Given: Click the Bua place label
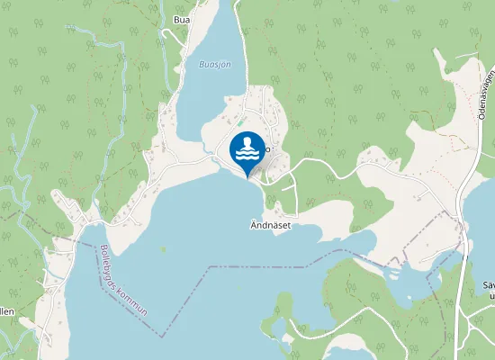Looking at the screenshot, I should [x=182, y=18].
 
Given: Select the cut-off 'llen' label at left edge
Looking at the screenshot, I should [x=6, y=311].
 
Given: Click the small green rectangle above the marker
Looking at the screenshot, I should [x=239, y=120].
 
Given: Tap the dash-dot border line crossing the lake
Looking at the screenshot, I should [x=261, y=266].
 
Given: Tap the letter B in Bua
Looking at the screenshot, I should [x=175, y=18].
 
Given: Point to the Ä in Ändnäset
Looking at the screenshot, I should [x=254, y=224].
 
